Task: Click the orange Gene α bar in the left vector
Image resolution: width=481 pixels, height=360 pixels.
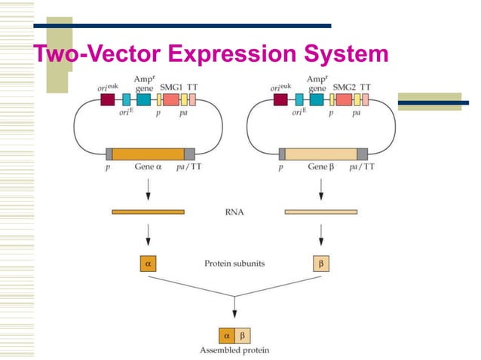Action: tap(148, 154)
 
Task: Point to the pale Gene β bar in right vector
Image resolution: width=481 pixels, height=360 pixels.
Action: tap(320, 154)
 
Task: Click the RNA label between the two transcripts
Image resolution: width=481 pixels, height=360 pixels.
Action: tap(234, 212)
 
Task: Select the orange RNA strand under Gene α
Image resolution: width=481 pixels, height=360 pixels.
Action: tap(148, 212)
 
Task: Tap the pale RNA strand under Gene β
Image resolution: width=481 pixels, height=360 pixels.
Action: tap(320, 212)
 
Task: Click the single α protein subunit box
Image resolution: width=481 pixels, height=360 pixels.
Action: tap(148, 264)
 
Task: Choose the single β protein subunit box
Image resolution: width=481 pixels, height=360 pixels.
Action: tap(321, 264)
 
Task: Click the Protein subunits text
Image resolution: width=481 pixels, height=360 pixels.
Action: tap(234, 264)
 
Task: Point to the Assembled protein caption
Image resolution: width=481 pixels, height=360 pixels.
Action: tap(234, 349)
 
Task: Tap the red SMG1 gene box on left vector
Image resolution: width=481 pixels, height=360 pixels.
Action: tap(171, 99)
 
